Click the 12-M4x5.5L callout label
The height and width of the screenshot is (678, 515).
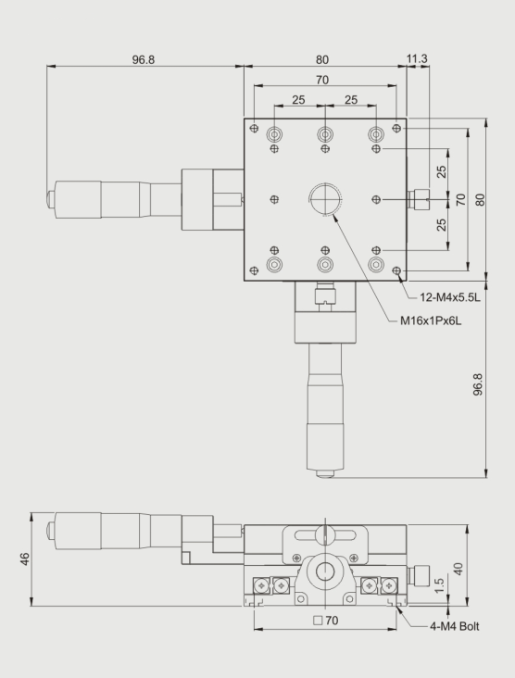[x=450, y=297]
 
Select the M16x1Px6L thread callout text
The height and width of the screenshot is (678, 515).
[x=431, y=320]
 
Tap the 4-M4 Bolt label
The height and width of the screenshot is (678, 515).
[x=455, y=626]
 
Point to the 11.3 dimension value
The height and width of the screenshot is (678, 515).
[x=417, y=58]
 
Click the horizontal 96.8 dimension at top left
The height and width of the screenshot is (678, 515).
[x=144, y=59]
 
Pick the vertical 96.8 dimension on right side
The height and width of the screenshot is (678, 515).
[x=478, y=384]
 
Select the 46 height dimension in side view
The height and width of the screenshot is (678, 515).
[x=25, y=559]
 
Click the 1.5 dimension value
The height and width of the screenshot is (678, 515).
[x=439, y=586]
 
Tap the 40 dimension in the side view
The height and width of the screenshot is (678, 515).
[x=458, y=569]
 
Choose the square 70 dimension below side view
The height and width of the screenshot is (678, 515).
[x=326, y=621]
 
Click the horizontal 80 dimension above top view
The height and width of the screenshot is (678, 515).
[x=322, y=59]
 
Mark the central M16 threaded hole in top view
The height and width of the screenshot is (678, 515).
[x=325, y=199]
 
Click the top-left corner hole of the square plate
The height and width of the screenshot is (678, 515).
[x=254, y=128]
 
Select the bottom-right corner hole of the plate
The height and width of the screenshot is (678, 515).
[x=396, y=270]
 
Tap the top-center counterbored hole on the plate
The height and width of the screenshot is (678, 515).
[x=325, y=134]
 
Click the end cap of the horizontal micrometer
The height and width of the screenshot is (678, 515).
[x=51, y=199]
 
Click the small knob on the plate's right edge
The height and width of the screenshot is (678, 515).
[x=419, y=199]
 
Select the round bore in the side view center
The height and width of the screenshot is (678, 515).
[x=325, y=572]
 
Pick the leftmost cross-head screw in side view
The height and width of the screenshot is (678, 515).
[x=261, y=585]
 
